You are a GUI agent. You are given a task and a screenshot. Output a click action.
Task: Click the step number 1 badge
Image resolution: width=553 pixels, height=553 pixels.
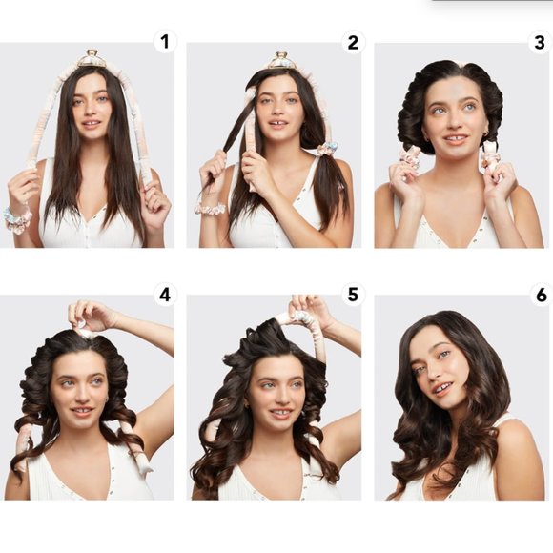165,42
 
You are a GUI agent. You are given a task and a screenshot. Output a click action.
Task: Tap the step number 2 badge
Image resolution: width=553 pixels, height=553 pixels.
353,42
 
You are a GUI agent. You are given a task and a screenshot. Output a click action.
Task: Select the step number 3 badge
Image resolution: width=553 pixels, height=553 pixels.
540,42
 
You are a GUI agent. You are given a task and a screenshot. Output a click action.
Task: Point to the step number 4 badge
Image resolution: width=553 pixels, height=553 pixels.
165,295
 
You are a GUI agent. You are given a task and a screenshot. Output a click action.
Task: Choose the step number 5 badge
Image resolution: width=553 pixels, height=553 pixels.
353,294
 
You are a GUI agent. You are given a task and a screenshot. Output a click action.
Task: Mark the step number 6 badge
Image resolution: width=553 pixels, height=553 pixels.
542,295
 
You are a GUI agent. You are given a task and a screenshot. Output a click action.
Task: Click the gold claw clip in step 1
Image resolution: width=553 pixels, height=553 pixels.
92,59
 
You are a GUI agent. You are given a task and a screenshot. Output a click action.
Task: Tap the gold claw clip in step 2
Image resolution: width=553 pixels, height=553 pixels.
280,60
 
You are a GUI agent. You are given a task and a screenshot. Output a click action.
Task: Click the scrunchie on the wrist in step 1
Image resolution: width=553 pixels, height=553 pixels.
17,219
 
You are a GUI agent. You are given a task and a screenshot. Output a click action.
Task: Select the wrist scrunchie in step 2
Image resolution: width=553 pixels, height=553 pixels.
211,209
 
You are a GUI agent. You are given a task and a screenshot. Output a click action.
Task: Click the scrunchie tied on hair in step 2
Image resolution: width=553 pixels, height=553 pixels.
325,149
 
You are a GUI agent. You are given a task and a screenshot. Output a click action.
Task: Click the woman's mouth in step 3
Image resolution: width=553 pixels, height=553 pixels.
456,139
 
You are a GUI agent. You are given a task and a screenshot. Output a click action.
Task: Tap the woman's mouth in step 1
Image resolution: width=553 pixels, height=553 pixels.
92,124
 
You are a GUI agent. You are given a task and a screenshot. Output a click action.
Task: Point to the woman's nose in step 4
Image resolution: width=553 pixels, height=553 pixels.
81,397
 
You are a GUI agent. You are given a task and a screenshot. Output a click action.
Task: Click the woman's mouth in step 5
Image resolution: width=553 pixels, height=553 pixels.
280,412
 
